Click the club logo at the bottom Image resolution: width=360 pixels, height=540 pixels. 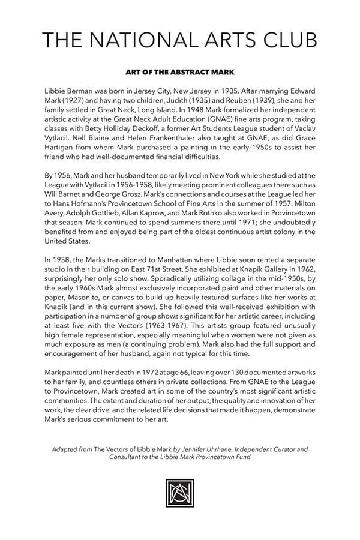coord(179,493)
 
